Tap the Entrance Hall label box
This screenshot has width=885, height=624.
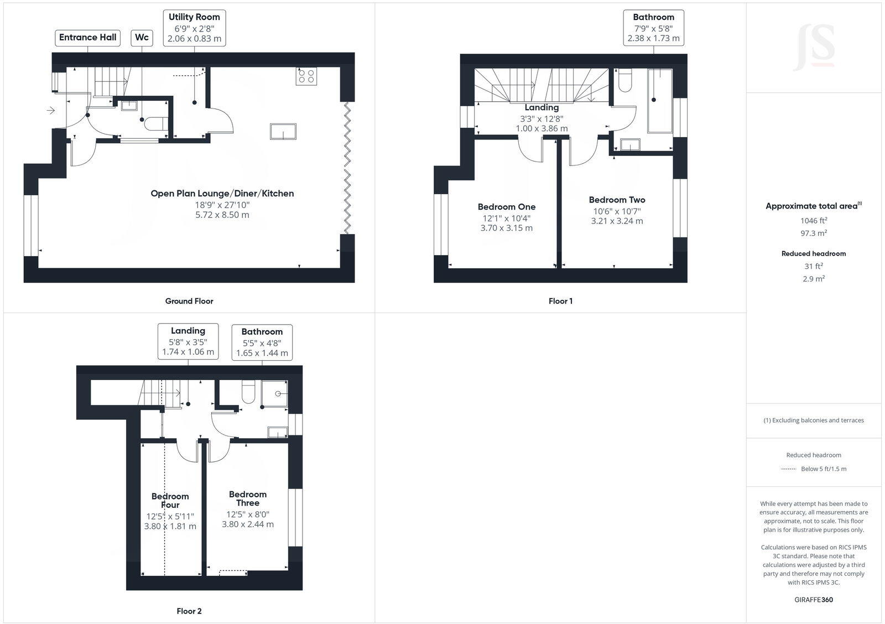(x=87, y=38)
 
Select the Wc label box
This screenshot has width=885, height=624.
(x=142, y=38)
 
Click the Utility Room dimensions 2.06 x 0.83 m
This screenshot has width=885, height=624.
(x=194, y=39)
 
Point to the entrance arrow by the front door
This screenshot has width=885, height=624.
(x=50, y=111)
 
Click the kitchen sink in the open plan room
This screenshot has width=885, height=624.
(x=283, y=132)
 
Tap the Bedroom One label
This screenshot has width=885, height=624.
(x=507, y=207)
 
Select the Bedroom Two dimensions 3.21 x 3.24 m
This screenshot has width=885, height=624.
(x=617, y=221)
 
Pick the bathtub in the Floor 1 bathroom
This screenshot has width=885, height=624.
(x=659, y=101)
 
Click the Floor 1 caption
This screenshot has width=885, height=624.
(x=560, y=301)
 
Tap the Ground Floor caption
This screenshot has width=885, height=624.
(x=189, y=301)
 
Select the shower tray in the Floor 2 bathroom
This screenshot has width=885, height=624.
(x=275, y=394)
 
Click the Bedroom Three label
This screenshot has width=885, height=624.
(x=248, y=498)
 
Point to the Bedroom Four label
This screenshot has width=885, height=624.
(x=170, y=501)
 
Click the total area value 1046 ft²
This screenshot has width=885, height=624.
(x=813, y=220)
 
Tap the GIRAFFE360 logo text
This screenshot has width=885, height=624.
(x=813, y=600)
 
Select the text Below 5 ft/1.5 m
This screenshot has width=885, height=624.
(x=823, y=469)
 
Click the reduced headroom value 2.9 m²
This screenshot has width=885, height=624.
(x=813, y=279)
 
